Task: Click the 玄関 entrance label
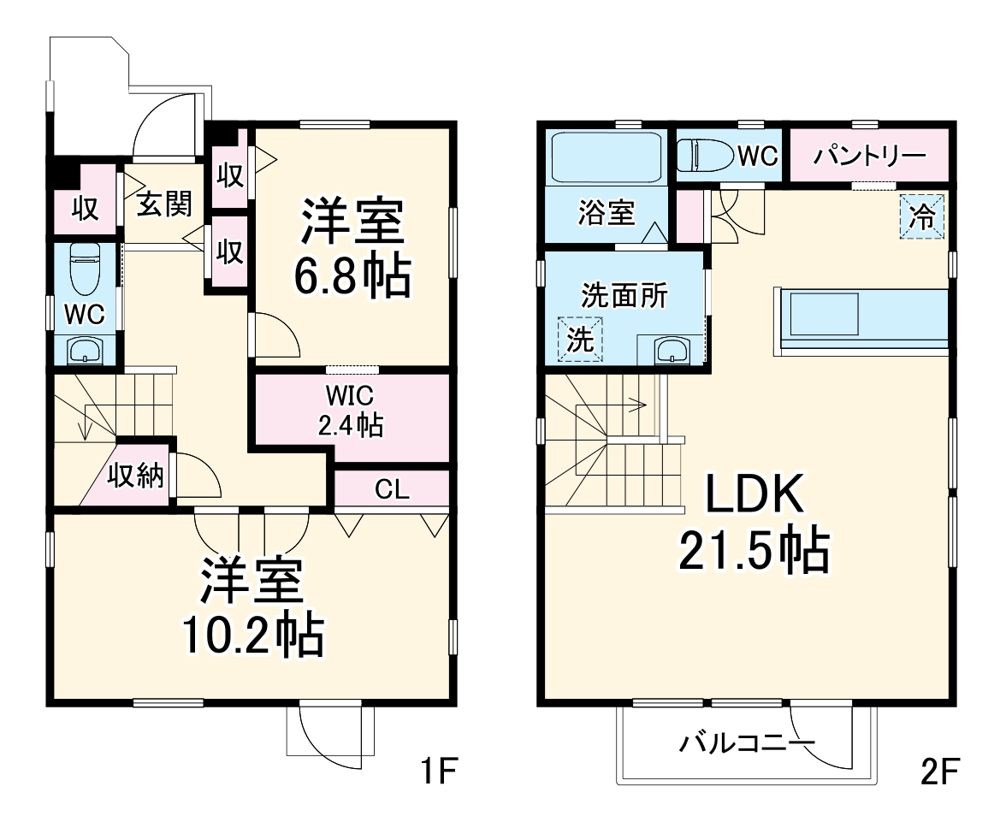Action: (x=164, y=205)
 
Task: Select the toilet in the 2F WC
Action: (x=705, y=156)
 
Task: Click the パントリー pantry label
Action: (x=869, y=156)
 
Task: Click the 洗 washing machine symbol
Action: (x=580, y=340)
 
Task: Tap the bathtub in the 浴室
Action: (x=607, y=157)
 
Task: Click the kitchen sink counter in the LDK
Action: (x=822, y=314)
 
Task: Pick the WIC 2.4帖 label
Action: (x=350, y=411)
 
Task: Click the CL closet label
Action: (x=392, y=490)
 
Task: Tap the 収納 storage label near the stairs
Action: (x=135, y=476)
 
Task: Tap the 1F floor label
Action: (x=441, y=772)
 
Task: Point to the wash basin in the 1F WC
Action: (x=85, y=351)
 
